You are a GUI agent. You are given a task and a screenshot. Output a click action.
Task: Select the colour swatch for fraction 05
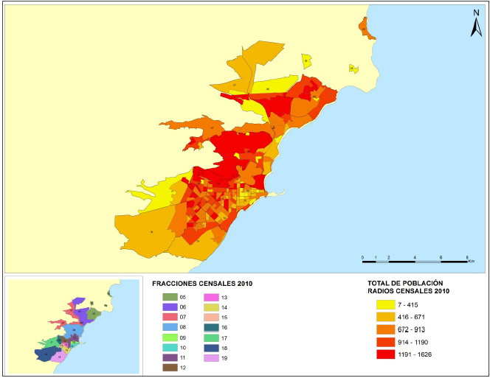[169, 296]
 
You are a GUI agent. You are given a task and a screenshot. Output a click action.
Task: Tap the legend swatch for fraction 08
[169, 326]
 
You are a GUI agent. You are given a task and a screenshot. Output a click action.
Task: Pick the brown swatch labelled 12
[169, 367]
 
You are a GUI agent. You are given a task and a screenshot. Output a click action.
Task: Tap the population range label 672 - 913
[415, 329]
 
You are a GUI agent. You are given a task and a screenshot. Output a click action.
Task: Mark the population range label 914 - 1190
[416, 342]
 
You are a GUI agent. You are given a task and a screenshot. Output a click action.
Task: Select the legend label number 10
[182, 347]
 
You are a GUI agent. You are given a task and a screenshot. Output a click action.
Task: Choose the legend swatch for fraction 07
[169, 317]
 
